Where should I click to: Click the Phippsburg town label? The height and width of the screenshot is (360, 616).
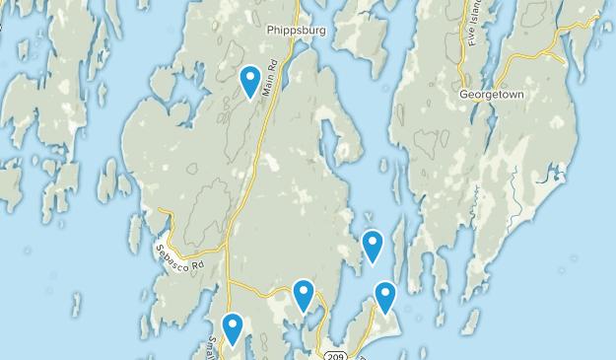point(296,31)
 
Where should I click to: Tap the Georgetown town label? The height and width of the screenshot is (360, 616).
point(492,96)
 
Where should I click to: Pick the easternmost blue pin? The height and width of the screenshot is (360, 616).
point(385,298)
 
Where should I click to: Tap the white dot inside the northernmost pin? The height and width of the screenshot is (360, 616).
point(251,76)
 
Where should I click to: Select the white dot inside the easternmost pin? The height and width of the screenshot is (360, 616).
point(385,293)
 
